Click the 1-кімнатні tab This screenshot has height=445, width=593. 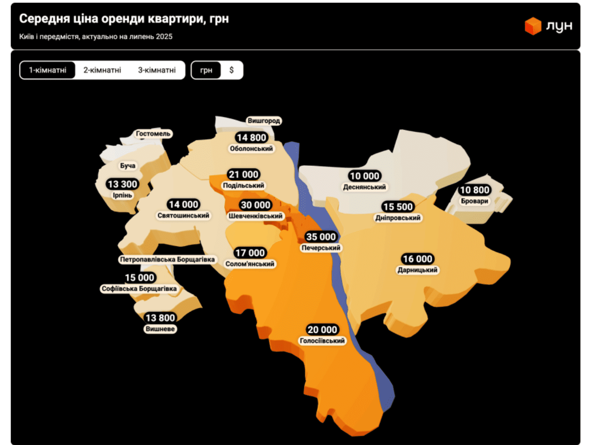(48, 70)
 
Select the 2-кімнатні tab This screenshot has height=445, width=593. (102, 70)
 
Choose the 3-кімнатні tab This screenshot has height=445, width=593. (157, 70)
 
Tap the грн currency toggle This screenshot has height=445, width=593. (206, 70)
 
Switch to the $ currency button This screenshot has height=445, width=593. (231, 70)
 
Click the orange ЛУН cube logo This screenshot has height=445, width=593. (533, 26)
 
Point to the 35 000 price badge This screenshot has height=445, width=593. (321, 237)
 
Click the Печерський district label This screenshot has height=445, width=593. (321, 248)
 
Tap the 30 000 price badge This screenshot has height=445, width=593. (255, 205)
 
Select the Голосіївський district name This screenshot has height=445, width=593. (322, 341)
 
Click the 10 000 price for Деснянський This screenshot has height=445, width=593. (365, 176)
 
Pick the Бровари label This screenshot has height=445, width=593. (474, 201)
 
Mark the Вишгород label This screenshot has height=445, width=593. (264, 121)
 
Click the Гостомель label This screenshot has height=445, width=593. (153, 134)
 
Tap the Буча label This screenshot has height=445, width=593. (127, 166)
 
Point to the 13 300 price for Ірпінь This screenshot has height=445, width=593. (122, 184)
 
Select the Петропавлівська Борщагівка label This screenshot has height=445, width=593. (167, 259)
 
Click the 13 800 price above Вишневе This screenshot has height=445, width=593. (160, 318)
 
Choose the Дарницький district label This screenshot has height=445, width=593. (417, 270)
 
